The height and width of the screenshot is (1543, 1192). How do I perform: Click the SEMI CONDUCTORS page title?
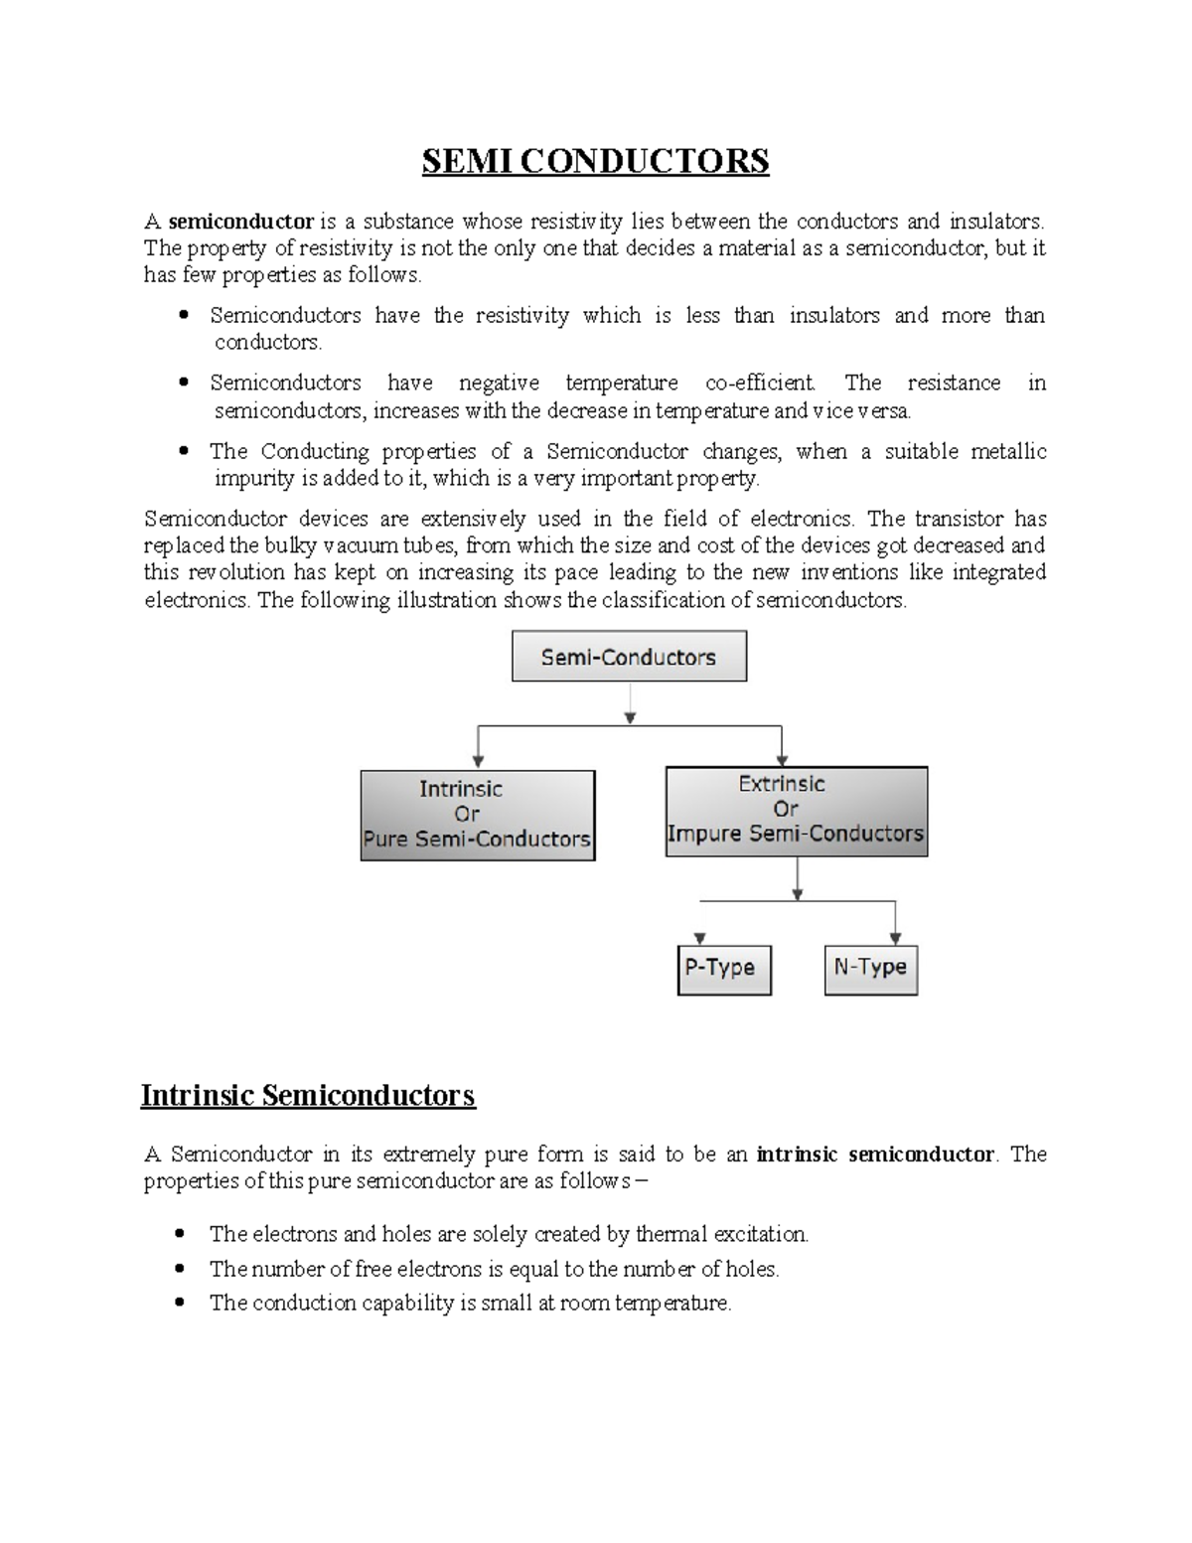[595, 161]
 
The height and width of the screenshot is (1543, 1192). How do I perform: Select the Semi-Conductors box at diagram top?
[629, 657]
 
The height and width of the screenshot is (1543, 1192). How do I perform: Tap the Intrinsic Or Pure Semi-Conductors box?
[477, 815]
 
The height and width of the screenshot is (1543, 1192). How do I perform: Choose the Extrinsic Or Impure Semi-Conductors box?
[796, 811]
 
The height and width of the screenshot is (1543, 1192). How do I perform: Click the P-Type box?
[724, 969]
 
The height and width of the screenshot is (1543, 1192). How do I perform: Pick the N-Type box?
[870, 969]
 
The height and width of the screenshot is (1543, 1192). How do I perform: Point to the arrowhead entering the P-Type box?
[700, 938]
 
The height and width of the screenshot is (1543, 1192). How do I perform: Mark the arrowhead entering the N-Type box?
[895, 938]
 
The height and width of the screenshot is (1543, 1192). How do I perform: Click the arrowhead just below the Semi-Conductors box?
[630, 716]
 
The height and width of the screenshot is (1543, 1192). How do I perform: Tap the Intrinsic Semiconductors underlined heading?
[308, 1096]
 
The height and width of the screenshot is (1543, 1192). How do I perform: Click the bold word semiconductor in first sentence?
[241, 221]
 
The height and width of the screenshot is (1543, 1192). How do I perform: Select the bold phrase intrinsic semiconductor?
[874, 1155]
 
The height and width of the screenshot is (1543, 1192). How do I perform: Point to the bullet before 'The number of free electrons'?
[180, 1270]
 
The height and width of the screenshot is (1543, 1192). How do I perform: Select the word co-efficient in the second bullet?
[760, 384]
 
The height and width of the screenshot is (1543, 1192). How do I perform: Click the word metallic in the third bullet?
[1008, 452]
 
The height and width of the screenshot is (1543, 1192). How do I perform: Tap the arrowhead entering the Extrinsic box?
[782, 759]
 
